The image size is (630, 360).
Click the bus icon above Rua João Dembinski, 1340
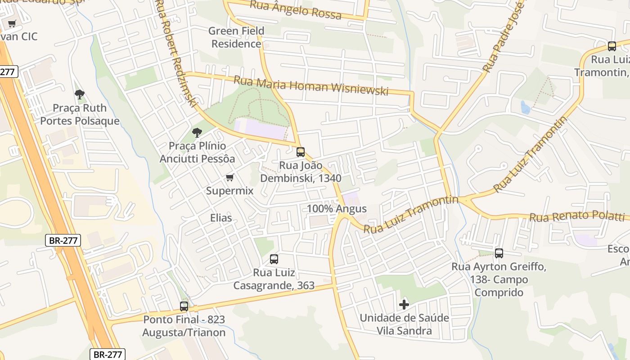click(x=301, y=152)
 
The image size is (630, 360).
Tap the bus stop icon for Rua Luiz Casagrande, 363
click(x=274, y=259)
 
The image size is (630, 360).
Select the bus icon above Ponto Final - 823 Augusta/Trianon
click(x=184, y=306)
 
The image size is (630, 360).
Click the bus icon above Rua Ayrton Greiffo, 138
click(x=499, y=253)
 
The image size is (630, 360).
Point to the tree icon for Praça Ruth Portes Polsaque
click(x=80, y=94)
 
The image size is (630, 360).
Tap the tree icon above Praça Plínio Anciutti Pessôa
click(x=197, y=133)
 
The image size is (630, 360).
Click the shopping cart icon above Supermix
click(x=229, y=178)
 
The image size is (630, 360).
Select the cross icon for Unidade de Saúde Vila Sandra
click(x=404, y=305)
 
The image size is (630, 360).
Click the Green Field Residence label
click(x=236, y=37)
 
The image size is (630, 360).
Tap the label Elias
click(x=221, y=218)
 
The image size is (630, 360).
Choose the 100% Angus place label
click(x=337, y=209)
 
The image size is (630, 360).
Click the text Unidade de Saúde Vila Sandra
click(x=404, y=324)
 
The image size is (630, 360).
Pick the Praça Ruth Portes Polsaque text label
click(x=80, y=114)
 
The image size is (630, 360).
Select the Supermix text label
click(x=229, y=191)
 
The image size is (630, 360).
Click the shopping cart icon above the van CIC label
click(x=12, y=24)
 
